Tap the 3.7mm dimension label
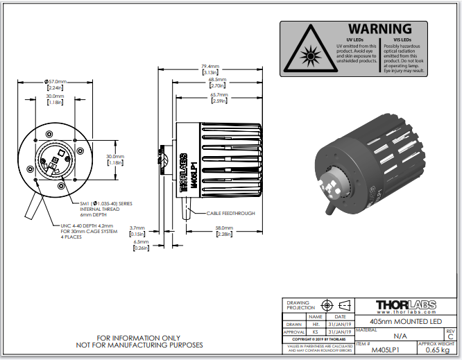coord(137,228)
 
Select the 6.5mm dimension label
coord(141,243)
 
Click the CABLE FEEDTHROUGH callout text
coord(230,213)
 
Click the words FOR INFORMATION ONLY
coord(139,338)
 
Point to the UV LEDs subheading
coord(355,39)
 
